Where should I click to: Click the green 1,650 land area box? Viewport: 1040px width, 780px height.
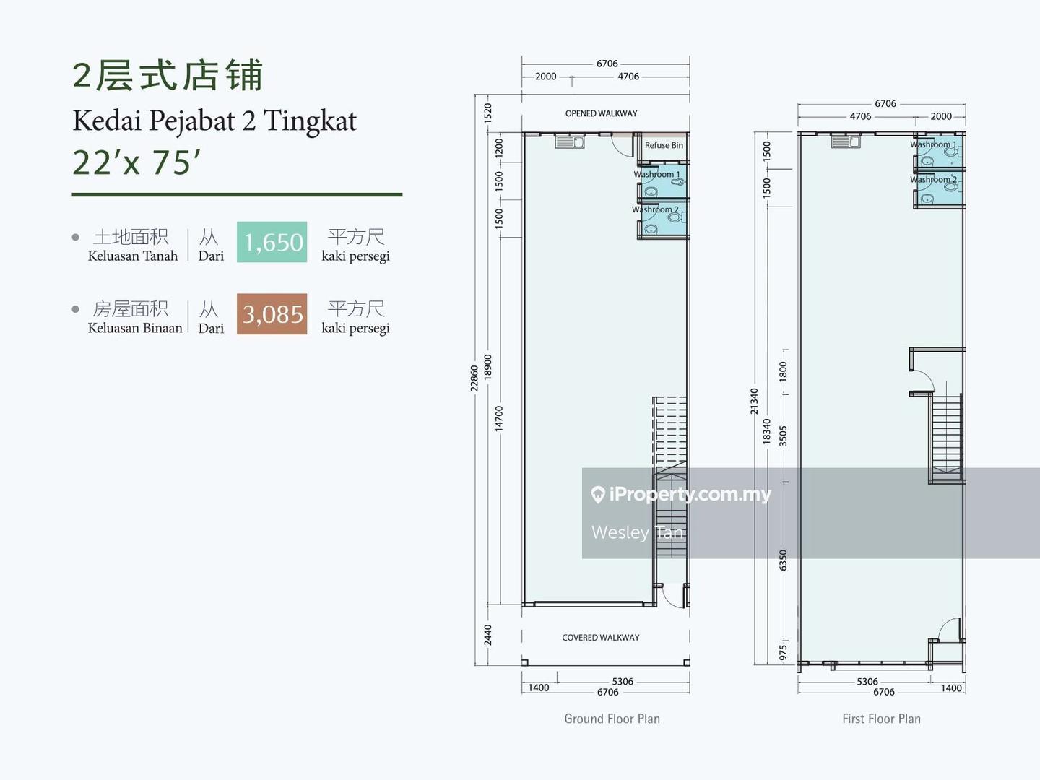(272, 242)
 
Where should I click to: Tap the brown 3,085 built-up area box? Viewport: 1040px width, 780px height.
(272, 314)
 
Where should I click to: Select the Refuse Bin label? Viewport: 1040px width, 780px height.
(663, 145)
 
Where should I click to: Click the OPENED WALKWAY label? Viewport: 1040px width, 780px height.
(601, 113)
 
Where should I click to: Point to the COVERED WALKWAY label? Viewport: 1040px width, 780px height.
(600, 638)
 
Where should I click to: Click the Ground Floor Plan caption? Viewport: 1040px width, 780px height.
(612, 719)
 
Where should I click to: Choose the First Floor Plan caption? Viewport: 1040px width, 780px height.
(880, 719)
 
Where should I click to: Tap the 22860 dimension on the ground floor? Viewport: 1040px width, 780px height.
(474, 378)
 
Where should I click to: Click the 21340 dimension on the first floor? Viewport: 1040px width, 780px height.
(754, 401)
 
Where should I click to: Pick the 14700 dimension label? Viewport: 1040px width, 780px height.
(499, 419)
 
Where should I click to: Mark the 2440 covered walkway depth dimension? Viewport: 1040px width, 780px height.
(488, 635)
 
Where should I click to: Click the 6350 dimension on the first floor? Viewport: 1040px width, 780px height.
(784, 560)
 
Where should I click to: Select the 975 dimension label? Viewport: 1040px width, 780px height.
(784, 653)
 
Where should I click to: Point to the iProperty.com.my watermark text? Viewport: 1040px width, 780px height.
(690, 494)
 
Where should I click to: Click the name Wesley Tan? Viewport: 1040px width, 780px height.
(637, 532)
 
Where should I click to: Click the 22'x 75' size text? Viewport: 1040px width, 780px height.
(136, 162)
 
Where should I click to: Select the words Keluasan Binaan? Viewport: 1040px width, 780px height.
(135, 328)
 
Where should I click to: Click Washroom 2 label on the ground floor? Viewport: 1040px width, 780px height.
(655, 209)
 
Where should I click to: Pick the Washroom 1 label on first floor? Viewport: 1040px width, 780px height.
(932, 144)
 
